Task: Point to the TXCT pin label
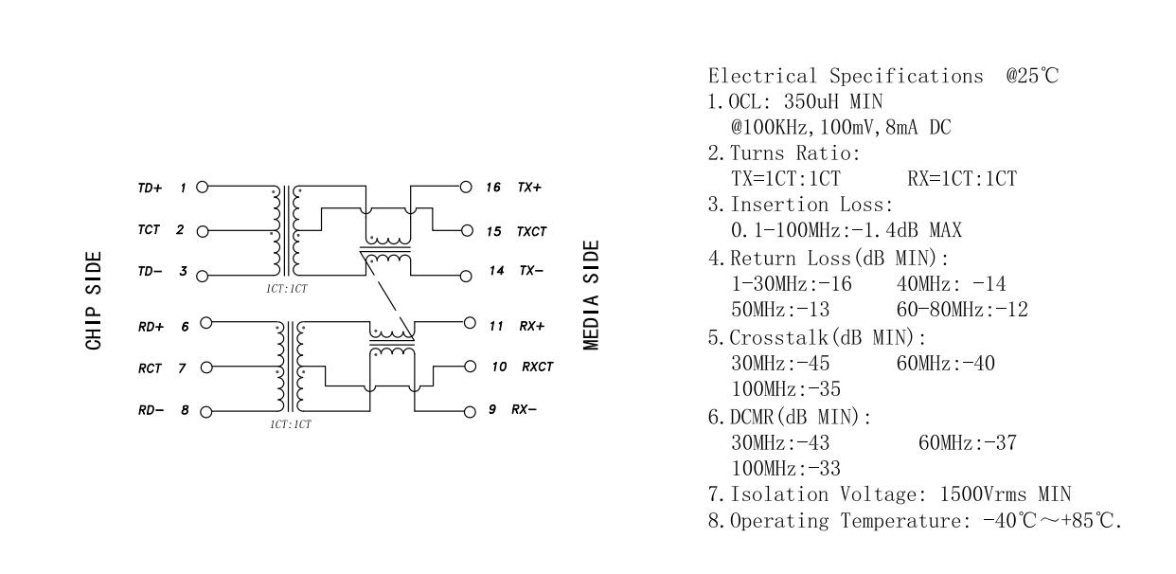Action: (532, 230)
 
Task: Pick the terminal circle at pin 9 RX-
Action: (466, 411)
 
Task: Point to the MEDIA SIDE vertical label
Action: (592, 295)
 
